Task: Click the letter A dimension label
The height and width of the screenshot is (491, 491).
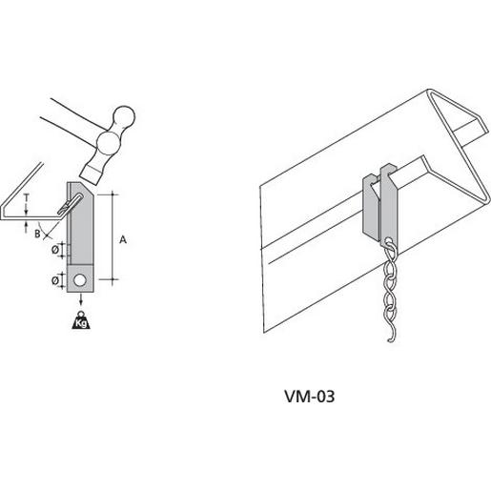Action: (123, 239)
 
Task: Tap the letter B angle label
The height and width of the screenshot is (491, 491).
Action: (37, 234)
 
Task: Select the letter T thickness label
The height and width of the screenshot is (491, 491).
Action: (27, 198)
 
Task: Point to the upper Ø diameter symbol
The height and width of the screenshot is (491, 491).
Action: (55, 250)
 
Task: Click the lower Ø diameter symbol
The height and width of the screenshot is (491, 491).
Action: (55, 280)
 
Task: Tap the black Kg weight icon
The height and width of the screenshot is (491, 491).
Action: (81, 319)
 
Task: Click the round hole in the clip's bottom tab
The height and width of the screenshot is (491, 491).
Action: (79, 280)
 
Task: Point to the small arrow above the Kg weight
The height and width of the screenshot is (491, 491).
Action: (81, 299)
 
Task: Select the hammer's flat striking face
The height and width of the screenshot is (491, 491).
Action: (92, 176)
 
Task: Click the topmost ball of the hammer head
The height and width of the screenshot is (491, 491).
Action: (125, 116)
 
